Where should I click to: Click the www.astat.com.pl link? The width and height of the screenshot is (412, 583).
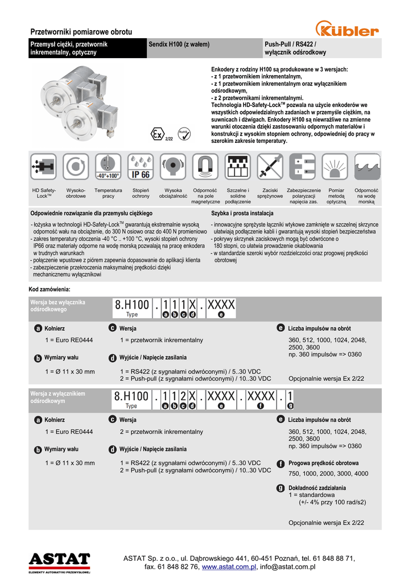[229, 567]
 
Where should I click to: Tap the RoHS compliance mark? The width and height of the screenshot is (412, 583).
[184, 134]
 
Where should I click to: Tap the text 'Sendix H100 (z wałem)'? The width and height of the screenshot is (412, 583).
[179, 44]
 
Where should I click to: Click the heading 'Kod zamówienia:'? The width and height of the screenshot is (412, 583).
[50, 289]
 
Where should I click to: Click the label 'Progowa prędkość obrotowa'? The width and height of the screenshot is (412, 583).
[323, 463]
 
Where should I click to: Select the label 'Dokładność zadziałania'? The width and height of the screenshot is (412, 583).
[317, 488]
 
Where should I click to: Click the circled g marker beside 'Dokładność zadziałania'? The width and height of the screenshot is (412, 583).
[281, 488]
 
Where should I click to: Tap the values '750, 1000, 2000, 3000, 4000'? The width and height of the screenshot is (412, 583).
[328, 474]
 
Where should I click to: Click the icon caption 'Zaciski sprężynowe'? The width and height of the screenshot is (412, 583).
[270, 193]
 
